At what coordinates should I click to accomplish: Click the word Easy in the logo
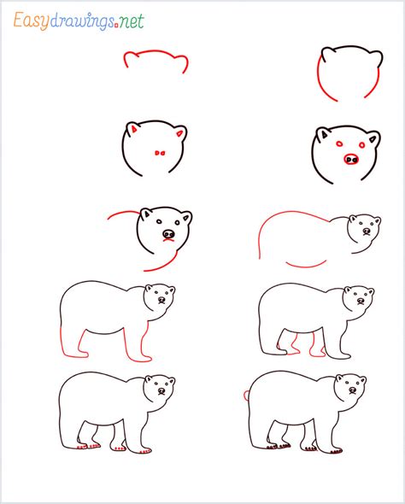point(32,21)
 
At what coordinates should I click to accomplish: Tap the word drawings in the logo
point(82,22)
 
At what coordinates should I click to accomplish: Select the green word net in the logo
point(131,21)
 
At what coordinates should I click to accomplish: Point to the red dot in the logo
point(116,26)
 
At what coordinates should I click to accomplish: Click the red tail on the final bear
point(245,395)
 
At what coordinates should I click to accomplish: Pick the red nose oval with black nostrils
point(351,159)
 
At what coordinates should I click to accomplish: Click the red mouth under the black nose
point(168,240)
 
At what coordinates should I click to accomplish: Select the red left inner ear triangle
point(134,129)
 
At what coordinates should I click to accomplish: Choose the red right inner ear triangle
point(179,133)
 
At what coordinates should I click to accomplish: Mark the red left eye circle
point(339,144)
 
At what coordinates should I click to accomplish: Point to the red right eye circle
point(362,145)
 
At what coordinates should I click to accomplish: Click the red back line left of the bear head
point(122,213)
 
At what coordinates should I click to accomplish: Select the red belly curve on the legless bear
point(306,266)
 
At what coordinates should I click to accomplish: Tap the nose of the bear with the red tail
point(353,390)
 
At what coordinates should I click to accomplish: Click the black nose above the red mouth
point(168,234)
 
